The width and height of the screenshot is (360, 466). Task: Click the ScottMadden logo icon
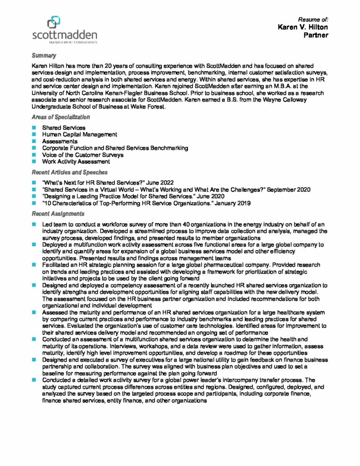pos(54,21)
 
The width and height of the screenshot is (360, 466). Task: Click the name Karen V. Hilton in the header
pos(303,27)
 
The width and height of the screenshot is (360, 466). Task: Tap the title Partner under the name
pos(316,35)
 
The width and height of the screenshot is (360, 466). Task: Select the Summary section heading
pos(44,56)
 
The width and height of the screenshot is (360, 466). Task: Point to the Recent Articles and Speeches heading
pos(69,172)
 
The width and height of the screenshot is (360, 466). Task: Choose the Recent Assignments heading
pos(58,213)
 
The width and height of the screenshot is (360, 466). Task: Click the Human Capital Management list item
pos(80,135)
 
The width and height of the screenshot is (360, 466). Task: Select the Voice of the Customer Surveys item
pos(83,155)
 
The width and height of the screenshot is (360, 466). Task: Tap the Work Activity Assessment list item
pos(76,162)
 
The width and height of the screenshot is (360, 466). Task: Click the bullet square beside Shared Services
pos(34,128)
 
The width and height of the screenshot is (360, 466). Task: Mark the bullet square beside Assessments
pos(34,142)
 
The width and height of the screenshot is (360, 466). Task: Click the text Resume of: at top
pos(313,20)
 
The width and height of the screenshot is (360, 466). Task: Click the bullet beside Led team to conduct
pos(34,224)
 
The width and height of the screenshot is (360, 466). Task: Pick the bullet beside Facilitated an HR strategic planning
pos(34,264)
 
